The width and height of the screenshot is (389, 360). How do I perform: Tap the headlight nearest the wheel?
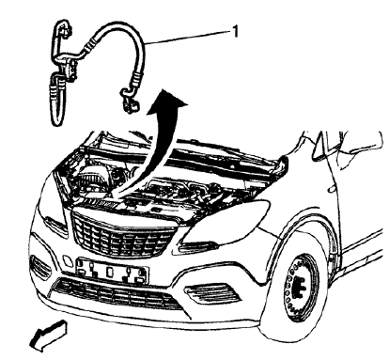[x=209, y=246]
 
